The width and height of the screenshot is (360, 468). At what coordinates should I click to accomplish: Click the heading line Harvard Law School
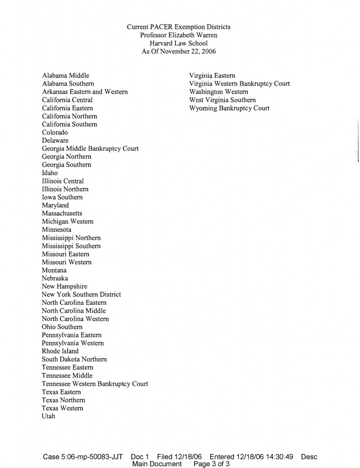pyautogui.click(x=179, y=43)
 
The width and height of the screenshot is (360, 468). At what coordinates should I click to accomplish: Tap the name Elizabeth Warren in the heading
pyautogui.click(x=191, y=35)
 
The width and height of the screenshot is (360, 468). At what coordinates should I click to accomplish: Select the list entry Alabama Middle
pyautogui.click(x=65, y=75)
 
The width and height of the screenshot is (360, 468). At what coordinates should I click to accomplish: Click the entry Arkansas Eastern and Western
pyautogui.click(x=85, y=92)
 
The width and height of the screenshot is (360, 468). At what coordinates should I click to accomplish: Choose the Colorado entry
pyautogui.click(x=55, y=133)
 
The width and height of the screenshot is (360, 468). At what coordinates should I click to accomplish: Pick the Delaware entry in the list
pyautogui.click(x=55, y=141)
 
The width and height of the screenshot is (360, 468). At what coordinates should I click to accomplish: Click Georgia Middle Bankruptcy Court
pyautogui.click(x=90, y=149)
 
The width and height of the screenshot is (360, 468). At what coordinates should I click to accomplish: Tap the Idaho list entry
pyautogui.click(x=50, y=173)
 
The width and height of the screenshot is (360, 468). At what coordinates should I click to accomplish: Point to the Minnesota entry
pyautogui.click(x=57, y=229)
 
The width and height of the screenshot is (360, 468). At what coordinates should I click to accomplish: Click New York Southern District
pyautogui.click(x=81, y=295)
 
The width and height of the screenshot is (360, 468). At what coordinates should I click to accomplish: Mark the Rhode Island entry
pyautogui.click(x=60, y=351)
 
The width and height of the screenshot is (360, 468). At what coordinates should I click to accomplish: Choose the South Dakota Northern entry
pyautogui.click(x=74, y=360)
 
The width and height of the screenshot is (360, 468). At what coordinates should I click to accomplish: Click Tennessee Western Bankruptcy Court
pyautogui.click(x=95, y=384)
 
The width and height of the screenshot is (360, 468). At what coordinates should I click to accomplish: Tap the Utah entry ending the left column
pyautogui.click(x=48, y=416)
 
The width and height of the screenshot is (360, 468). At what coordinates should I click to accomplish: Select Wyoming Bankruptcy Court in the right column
pyautogui.click(x=229, y=108)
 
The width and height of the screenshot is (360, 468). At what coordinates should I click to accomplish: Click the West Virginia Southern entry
pyautogui.click(x=222, y=100)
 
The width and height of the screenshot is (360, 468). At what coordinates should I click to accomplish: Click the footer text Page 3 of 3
pyautogui.click(x=212, y=464)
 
